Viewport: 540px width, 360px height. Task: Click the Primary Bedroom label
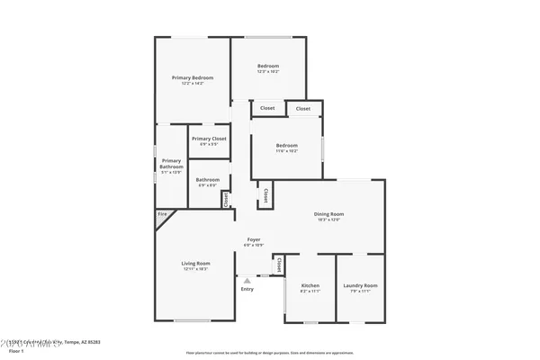(x=193, y=78)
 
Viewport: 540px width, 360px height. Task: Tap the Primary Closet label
(x=208, y=139)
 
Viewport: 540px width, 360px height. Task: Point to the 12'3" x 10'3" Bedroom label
(x=268, y=66)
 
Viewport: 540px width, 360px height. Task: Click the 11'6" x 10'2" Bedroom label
(x=286, y=146)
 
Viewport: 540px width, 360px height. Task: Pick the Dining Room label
(x=328, y=214)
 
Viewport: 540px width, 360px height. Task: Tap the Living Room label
(x=196, y=264)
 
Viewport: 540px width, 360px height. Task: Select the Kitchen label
(x=310, y=285)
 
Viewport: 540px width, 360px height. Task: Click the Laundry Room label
(x=360, y=285)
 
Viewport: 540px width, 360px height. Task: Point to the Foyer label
(x=254, y=239)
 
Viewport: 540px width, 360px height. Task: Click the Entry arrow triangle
(x=247, y=281)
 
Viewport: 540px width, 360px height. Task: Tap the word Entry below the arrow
(x=247, y=289)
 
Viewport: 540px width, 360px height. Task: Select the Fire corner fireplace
(x=163, y=214)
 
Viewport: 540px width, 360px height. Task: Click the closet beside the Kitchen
(x=278, y=265)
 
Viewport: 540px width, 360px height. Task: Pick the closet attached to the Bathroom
(x=226, y=198)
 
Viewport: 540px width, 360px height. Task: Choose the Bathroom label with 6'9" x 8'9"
(x=208, y=179)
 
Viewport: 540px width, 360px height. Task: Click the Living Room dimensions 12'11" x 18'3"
(x=196, y=269)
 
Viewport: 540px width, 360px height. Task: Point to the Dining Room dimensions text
(x=328, y=220)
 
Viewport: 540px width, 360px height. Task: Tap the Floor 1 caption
(x=17, y=350)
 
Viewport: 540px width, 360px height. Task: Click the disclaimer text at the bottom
(x=269, y=352)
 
